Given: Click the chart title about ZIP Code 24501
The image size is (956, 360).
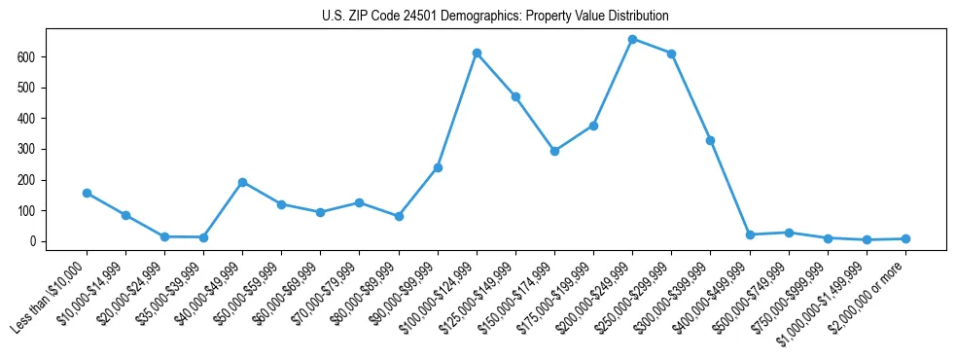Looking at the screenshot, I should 495,17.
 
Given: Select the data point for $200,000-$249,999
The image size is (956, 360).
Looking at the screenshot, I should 632,39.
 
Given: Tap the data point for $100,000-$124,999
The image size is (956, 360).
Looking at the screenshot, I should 477,53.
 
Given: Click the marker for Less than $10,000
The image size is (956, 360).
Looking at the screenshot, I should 87,193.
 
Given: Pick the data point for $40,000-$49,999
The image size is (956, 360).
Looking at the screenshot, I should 242,182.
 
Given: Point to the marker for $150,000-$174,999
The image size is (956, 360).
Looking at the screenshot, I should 554,151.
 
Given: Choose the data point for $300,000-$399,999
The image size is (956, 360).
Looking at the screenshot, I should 710,140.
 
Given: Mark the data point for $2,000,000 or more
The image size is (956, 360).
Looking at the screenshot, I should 905,238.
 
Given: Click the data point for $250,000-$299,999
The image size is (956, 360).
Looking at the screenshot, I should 671,54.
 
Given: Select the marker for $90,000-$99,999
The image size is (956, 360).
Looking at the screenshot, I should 438,167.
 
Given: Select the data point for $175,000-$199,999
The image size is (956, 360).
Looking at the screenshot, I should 593,126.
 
